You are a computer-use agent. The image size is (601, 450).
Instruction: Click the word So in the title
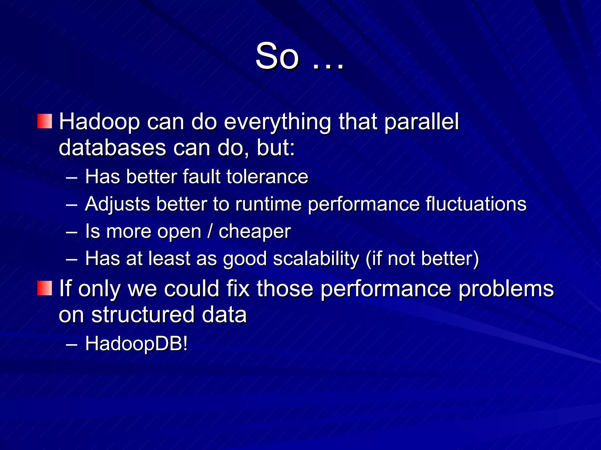pos(277,56)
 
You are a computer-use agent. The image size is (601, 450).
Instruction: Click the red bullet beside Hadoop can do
pos(45,121)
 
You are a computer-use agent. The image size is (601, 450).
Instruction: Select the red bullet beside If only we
pos(45,288)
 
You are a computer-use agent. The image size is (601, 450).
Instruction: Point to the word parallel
pos(421,122)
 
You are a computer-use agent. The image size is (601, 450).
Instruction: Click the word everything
pos(277,122)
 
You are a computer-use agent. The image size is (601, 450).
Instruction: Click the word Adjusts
pos(117,204)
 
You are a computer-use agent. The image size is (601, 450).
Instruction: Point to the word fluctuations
pos(476,204)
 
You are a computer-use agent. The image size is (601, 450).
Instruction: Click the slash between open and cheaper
pos(210,231)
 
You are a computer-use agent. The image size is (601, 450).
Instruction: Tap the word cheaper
pos(254,232)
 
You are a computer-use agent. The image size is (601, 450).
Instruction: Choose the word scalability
pos(316,259)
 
